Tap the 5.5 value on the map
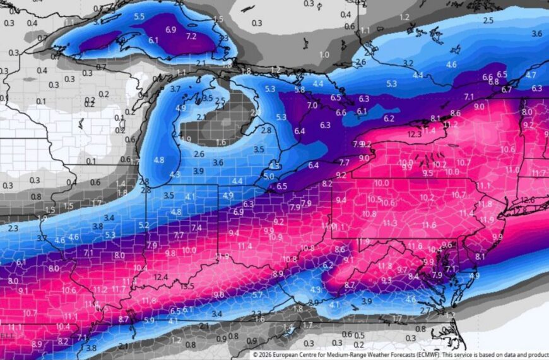pos(139,16)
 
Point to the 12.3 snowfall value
pos(415,134)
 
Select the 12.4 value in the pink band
pos(160,277)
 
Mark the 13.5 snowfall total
pos(187,286)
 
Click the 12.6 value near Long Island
pos(528,200)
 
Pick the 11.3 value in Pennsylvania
pos(390,223)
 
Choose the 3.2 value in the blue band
pos(408,63)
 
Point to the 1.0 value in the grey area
pos(324,55)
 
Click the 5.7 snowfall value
pos(257,295)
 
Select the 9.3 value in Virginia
pos(387,280)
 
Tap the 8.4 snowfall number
pos(413,276)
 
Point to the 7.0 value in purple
pos(312,105)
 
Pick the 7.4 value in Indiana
pos(196,227)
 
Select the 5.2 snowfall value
pos(144,225)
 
